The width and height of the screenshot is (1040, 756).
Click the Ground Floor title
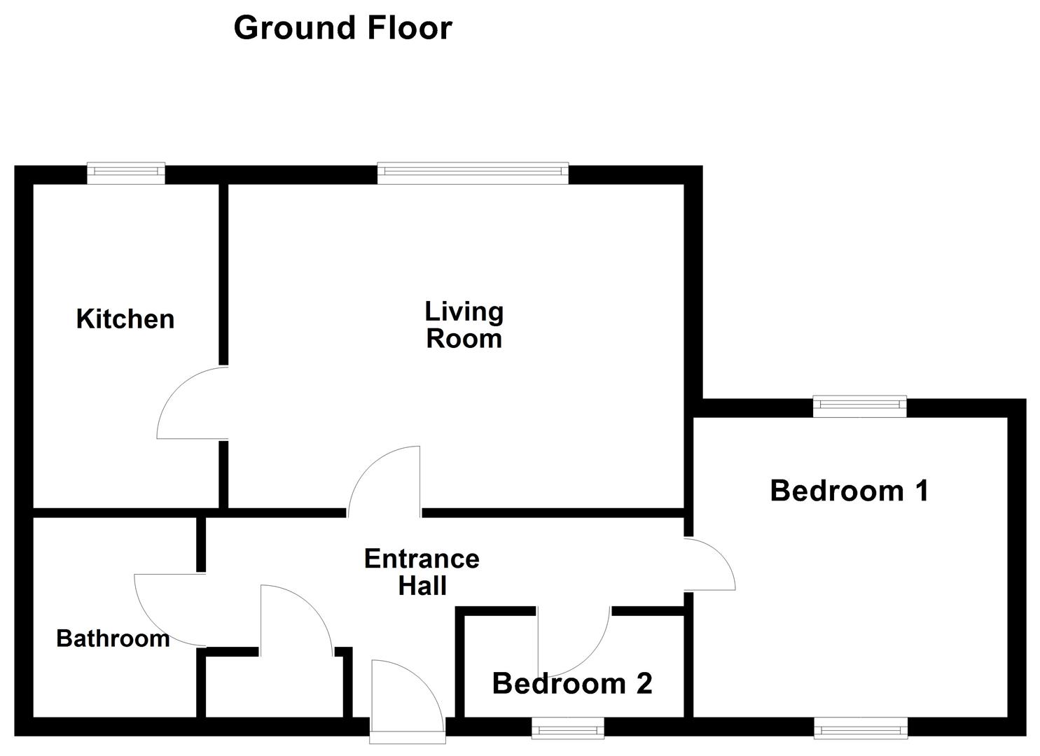click(x=342, y=28)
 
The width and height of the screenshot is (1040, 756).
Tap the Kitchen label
click(x=125, y=319)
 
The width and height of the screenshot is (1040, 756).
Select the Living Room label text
click(x=464, y=325)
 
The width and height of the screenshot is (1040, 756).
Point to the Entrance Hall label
click(x=422, y=571)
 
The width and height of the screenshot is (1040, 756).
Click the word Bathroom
click(x=113, y=638)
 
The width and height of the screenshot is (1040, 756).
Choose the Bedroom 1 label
click(x=849, y=491)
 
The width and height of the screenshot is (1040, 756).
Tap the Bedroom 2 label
click(x=572, y=683)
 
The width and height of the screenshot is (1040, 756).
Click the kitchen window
click(x=126, y=173)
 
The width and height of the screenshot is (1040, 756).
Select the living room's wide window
click(x=473, y=173)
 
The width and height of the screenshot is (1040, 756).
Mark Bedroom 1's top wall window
click(x=859, y=406)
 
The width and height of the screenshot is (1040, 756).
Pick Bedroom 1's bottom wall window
click(x=861, y=729)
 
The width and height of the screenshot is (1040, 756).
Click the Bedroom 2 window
click(x=567, y=729)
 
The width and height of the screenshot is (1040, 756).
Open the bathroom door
click(x=168, y=608)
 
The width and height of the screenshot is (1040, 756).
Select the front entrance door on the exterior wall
click(x=406, y=700)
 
